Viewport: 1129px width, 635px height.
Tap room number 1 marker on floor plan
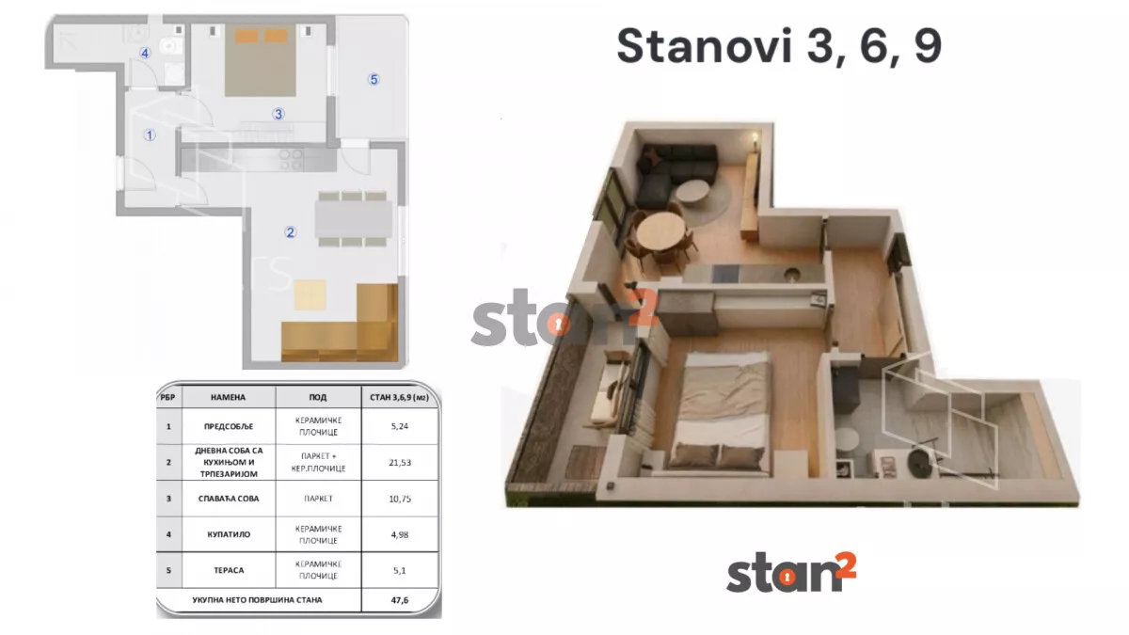point(149,135)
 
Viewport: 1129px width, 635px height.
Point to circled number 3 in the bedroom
point(278,115)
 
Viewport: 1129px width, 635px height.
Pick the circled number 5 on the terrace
point(374,80)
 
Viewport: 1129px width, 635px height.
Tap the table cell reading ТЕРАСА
point(228,568)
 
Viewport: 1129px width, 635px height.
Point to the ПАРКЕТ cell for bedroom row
point(317,499)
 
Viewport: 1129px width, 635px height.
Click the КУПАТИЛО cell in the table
point(228,534)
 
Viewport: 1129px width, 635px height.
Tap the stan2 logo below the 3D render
point(790,573)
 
